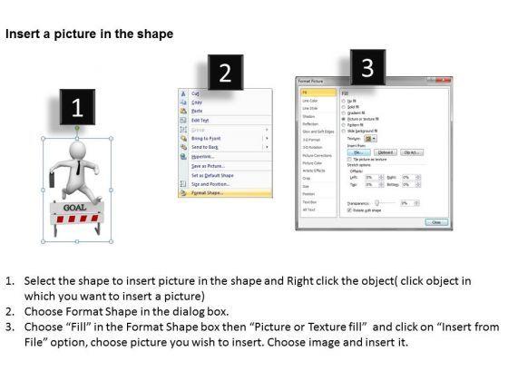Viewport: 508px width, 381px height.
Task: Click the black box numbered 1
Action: point(77,108)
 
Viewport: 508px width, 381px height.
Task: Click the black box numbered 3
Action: point(366,68)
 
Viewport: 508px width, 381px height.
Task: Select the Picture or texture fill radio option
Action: point(342,117)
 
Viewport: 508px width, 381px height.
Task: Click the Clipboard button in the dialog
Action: point(386,152)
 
